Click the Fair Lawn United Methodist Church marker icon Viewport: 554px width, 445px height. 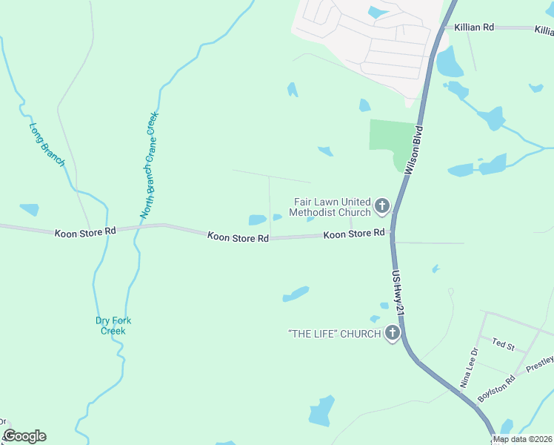pyautogui.click(x=381, y=206)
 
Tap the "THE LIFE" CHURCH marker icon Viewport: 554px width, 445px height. pyautogui.click(x=392, y=334)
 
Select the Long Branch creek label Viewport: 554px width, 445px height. pyautogui.click(x=47, y=144)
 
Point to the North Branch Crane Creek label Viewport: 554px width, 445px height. pyautogui.click(x=150, y=165)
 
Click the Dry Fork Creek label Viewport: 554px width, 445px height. pyautogui.click(x=111, y=326)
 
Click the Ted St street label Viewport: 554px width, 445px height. pyautogui.click(x=503, y=345)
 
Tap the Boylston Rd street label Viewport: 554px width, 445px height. pyautogui.click(x=496, y=389)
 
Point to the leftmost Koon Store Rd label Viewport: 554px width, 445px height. pyautogui.click(x=86, y=232)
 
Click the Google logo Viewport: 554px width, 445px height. pyautogui.click(x=24, y=436)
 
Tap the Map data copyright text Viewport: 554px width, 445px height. pyautogui.click(x=523, y=439)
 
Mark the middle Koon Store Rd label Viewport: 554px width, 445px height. pyautogui.click(x=238, y=237)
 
